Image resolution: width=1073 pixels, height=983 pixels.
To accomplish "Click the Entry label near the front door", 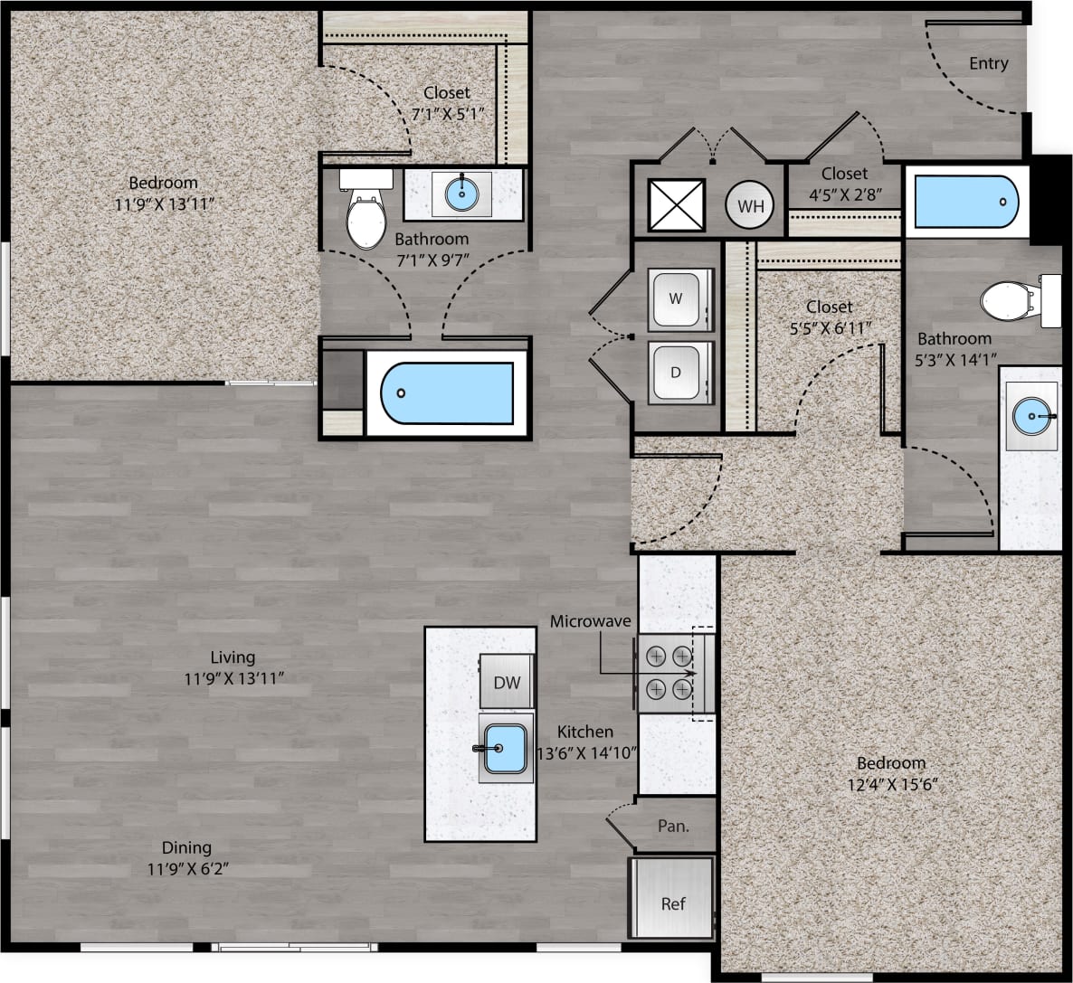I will click(x=988, y=63).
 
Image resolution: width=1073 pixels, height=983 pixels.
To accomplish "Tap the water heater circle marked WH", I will click(x=750, y=205).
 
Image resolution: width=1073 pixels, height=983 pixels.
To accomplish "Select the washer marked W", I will click(x=676, y=298).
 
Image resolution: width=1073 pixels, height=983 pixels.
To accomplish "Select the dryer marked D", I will click(x=676, y=373).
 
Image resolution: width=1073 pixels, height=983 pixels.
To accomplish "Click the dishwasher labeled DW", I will click(x=507, y=682).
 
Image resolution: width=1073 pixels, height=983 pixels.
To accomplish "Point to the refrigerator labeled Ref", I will click(x=672, y=903).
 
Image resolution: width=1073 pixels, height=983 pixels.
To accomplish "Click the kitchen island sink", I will click(x=505, y=749).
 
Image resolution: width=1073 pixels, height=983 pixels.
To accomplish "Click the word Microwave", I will click(x=590, y=621).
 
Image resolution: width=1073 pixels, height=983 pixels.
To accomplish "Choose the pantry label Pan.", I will click(x=672, y=826).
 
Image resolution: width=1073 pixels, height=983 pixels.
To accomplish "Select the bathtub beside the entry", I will click(x=966, y=201).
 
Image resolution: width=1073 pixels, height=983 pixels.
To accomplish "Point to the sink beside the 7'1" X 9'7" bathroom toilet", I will click(x=462, y=193).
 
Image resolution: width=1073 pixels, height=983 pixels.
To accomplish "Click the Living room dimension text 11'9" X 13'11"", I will click(x=233, y=677).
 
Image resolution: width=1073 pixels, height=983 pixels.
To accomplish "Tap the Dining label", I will click(x=186, y=847).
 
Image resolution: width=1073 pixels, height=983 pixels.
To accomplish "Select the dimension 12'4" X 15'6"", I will click(x=890, y=783).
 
